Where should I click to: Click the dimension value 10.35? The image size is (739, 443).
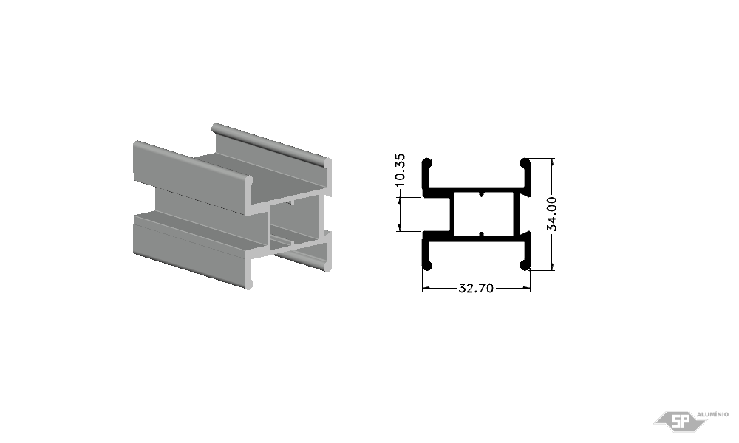400,170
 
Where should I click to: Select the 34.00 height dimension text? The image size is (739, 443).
552,214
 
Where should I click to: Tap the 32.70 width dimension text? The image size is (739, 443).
476,288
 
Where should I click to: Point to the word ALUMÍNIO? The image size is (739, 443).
712,414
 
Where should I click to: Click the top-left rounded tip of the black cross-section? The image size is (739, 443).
427,163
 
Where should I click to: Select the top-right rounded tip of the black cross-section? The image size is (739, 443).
525,163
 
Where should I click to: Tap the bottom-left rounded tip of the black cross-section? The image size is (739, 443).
427,266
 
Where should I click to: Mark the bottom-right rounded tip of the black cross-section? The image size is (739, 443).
525,266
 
